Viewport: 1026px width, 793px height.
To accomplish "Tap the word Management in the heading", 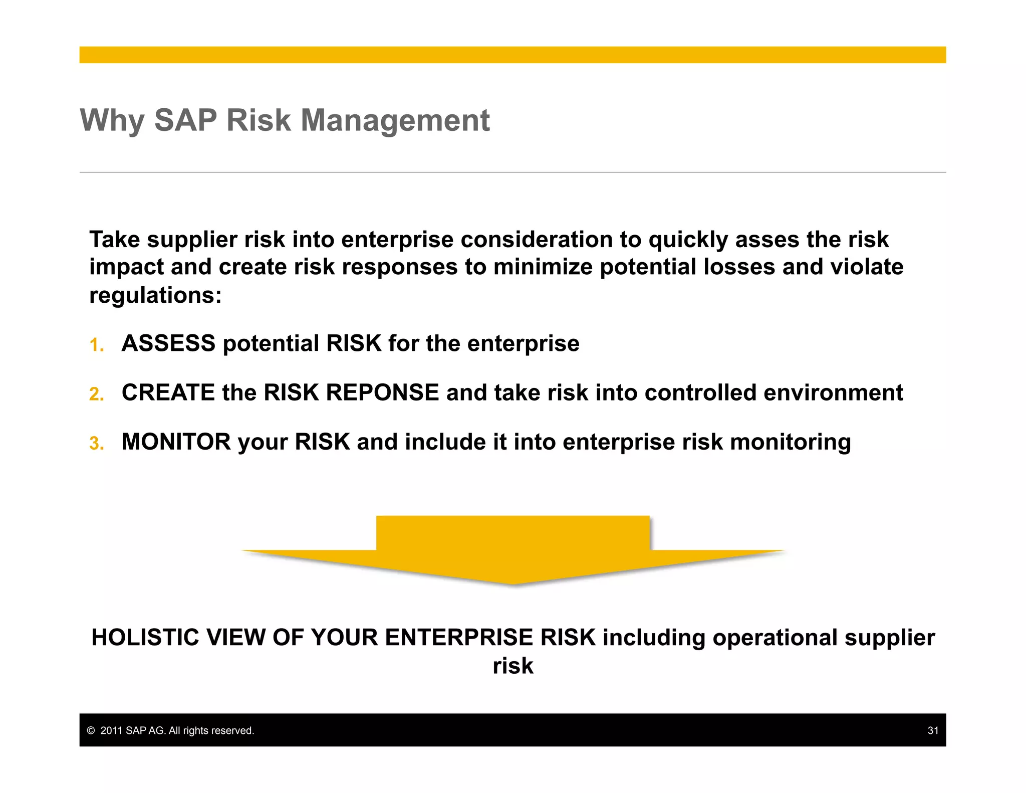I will [x=395, y=121].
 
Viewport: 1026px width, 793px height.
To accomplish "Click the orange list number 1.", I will [x=96, y=345].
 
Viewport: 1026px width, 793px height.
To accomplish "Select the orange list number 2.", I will [x=96, y=394].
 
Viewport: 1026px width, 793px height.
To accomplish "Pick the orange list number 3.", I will [x=96, y=444].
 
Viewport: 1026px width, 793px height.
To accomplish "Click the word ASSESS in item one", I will [x=168, y=344].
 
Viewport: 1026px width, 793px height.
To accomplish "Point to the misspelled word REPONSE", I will [x=382, y=392].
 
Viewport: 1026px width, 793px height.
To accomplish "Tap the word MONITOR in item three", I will [x=176, y=442].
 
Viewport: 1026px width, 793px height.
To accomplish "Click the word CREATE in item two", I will [x=168, y=392].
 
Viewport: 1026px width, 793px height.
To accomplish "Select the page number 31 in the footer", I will [x=932, y=730].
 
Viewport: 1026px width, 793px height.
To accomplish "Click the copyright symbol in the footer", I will [x=91, y=731].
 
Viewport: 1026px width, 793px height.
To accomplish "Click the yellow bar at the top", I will [x=512, y=55].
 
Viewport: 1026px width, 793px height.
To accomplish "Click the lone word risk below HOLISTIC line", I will [x=512, y=666].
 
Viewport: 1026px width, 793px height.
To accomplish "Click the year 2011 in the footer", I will [x=111, y=731].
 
